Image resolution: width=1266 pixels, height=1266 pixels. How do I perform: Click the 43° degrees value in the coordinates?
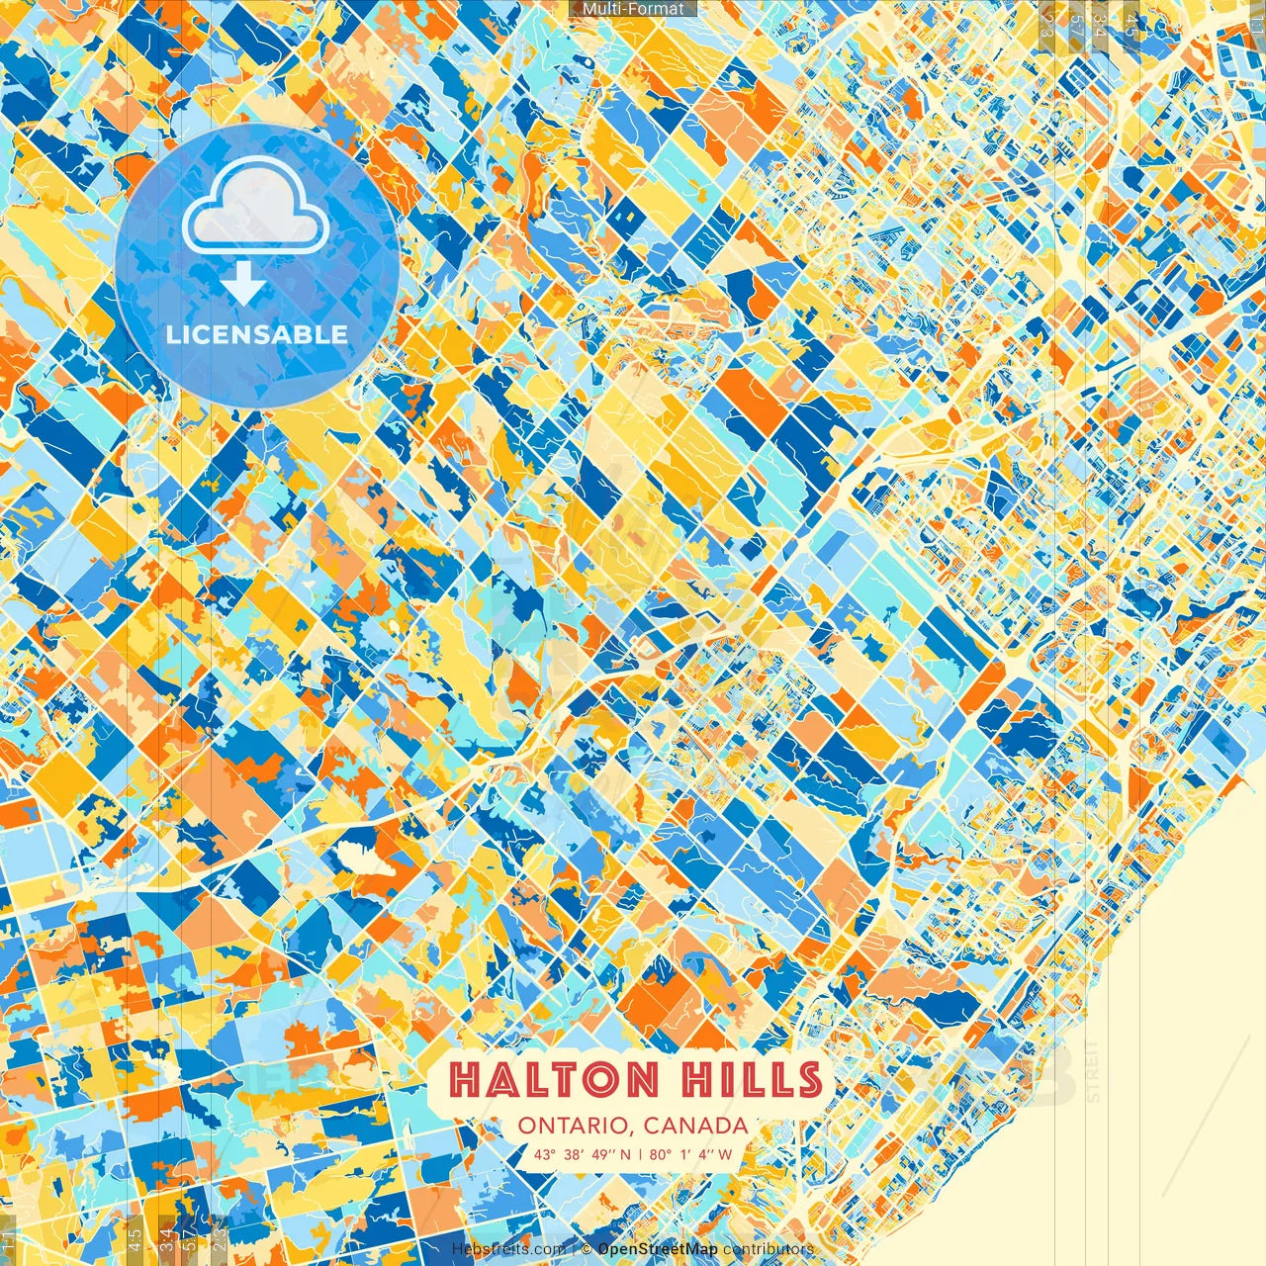click(544, 1154)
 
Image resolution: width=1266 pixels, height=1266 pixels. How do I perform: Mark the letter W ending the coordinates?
click(726, 1154)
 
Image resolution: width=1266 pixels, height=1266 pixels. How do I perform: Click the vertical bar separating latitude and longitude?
click(641, 1154)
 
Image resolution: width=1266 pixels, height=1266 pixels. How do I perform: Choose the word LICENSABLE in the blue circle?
click(256, 334)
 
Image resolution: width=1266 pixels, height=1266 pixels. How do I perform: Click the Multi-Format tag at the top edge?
click(633, 9)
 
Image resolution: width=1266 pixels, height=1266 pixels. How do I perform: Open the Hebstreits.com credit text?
click(509, 1249)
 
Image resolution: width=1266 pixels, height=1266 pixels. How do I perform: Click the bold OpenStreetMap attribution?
click(658, 1249)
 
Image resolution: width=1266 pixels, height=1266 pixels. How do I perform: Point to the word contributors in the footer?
click(769, 1249)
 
